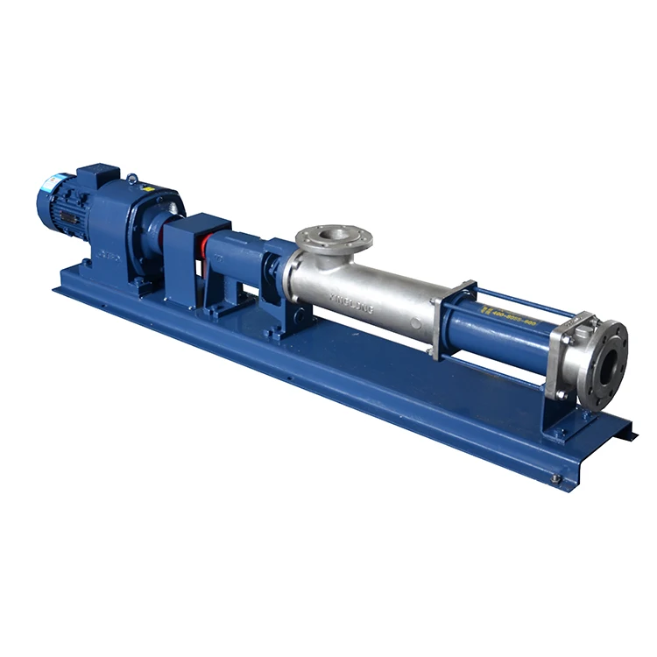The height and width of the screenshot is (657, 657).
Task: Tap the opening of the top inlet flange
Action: [334, 235]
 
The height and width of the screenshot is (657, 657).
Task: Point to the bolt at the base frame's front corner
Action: [555, 478]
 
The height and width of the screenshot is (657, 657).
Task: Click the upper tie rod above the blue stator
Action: [526, 299]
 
